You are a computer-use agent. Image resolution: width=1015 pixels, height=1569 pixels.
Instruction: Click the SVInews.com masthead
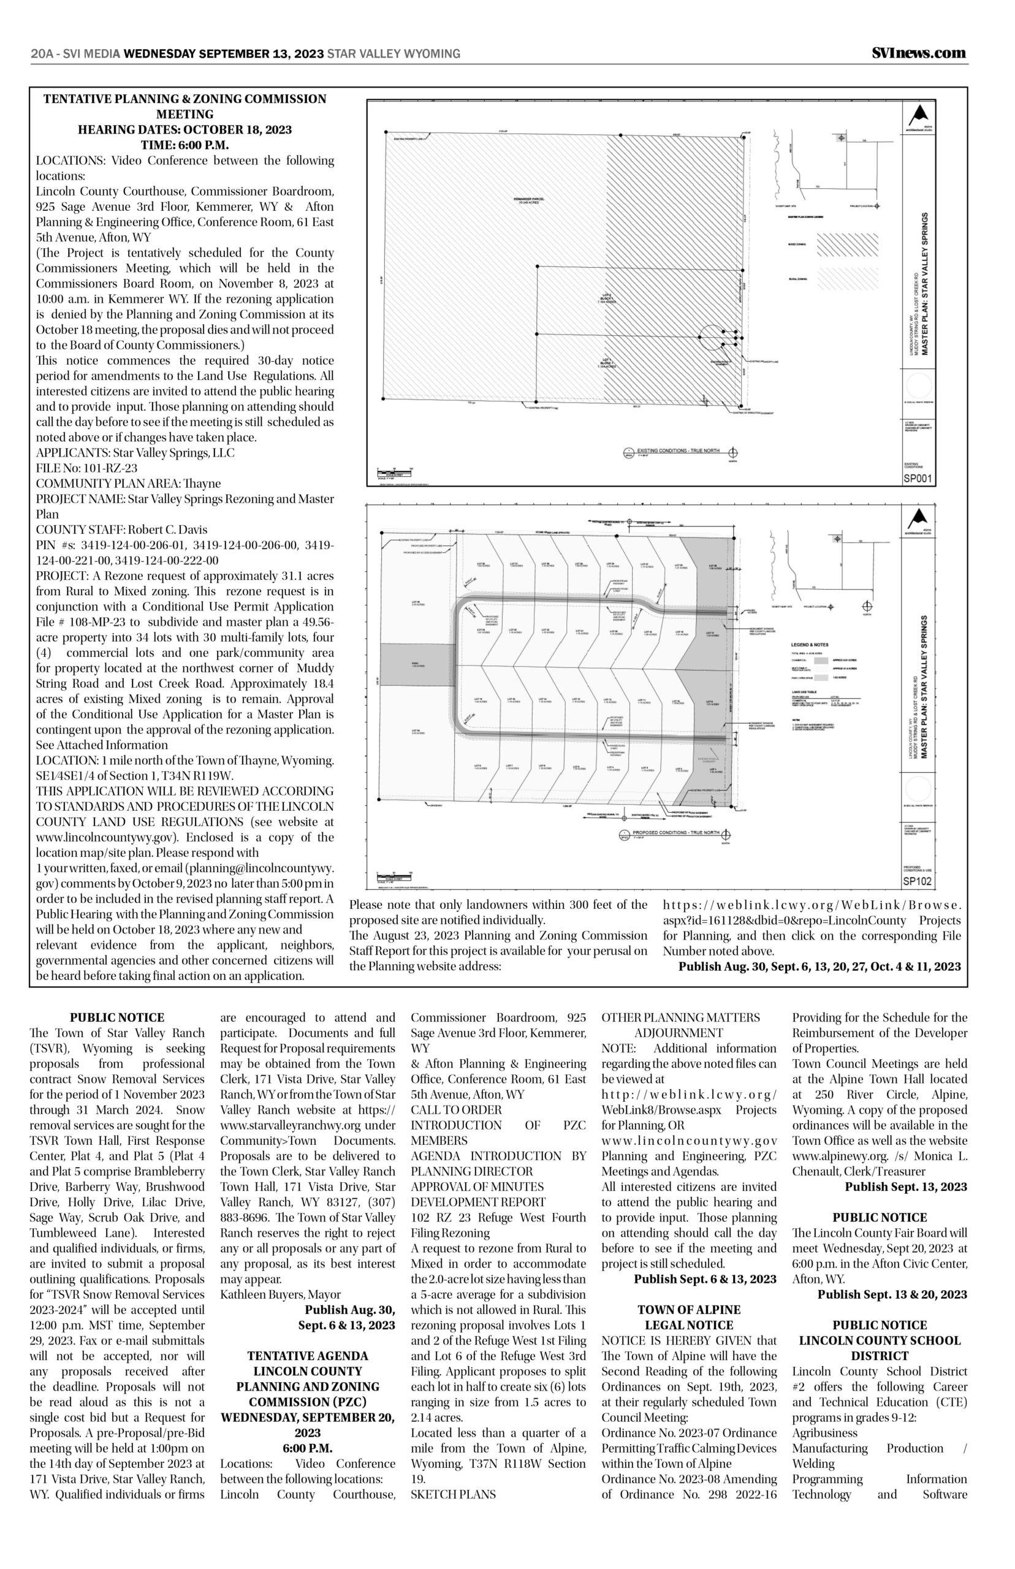918,53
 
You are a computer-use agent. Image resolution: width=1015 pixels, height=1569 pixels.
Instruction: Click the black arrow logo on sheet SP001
919,115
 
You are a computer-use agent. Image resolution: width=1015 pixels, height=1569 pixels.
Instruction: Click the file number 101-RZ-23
86,468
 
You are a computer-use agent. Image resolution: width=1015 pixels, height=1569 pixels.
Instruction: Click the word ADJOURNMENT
679,1033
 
